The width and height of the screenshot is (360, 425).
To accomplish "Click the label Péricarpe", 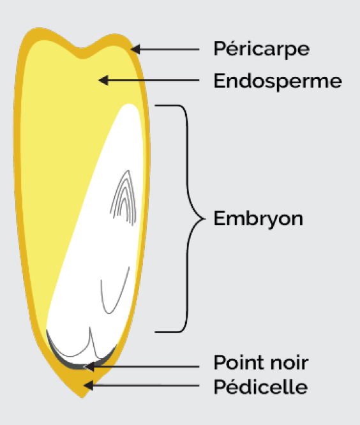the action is coord(261,48).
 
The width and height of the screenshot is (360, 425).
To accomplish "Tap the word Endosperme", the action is coord(278,81).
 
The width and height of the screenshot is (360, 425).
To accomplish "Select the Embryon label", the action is coord(258,218).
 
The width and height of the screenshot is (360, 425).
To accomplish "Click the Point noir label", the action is coord(261,362).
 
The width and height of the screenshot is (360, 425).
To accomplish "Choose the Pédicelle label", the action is coord(260,387).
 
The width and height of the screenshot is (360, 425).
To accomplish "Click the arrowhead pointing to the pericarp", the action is coord(135,49).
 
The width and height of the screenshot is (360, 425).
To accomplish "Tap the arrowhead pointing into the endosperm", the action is coord(103,80).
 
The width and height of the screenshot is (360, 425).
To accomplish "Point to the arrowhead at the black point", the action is coord(89,366).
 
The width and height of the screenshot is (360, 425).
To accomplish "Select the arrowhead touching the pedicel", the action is coord(88,385).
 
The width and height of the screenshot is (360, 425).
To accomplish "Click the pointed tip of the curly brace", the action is coord(205,219).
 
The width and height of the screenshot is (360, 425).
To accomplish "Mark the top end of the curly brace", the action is coord(155,105).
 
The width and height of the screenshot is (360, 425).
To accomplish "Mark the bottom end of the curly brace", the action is coord(155,332).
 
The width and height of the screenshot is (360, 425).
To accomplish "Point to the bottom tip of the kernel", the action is coord(82,398).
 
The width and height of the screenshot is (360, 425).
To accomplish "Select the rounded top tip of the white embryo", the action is coord(129,105).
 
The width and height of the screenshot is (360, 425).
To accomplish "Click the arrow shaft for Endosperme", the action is coord(154,80).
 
